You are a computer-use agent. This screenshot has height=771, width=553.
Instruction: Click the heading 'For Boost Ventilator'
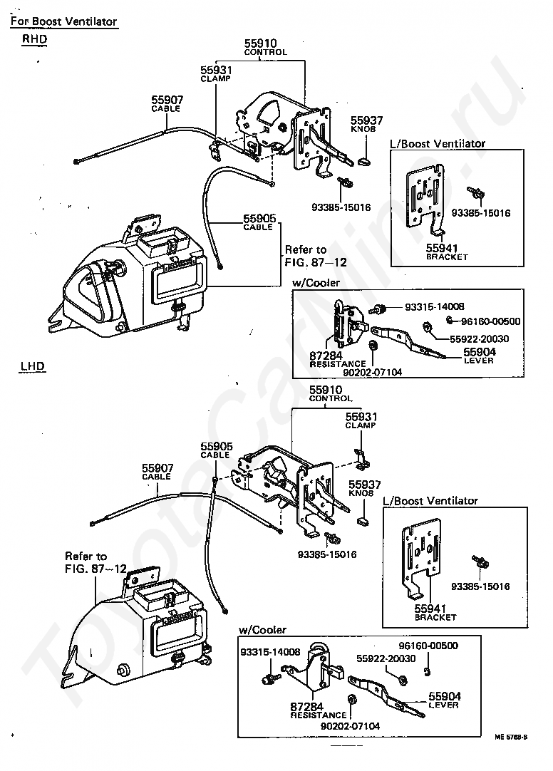click(64, 21)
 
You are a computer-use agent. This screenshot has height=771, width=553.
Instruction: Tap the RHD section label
click(34, 39)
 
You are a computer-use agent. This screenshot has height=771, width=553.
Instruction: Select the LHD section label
click(33, 366)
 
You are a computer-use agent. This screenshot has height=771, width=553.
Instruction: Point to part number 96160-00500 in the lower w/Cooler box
click(428, 645)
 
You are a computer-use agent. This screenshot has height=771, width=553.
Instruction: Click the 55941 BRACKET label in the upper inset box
click(447, 252)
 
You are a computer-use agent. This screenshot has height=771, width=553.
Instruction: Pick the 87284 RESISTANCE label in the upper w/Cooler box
click(337, 359)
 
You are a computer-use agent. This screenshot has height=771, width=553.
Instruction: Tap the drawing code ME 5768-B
click(511, 737)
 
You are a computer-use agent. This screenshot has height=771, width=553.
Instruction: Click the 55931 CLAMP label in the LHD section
click(361, 420)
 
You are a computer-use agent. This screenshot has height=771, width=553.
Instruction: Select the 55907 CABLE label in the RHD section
click(167, 104)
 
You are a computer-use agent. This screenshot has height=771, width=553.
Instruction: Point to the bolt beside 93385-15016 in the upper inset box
click(475, 192)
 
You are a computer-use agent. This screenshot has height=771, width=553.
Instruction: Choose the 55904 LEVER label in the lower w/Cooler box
click(445, 700)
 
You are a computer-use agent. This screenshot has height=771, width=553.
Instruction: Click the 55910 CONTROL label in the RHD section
click(265, 47)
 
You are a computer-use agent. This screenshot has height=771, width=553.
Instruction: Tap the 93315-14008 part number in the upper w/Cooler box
click(435, 306)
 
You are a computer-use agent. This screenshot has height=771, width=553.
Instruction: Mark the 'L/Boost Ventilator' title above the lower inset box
click(430, 500)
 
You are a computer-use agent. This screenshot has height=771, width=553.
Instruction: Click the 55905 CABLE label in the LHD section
click(217, 450)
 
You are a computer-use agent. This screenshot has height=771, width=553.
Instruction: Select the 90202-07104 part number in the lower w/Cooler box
click(350, 726)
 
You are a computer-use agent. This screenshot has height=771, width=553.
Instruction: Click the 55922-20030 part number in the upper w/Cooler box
click(480, 338)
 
